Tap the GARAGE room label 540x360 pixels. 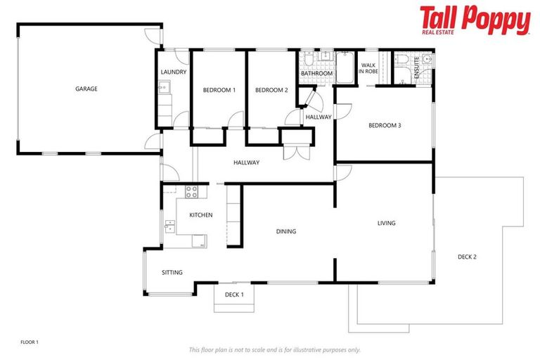pyautogui.click(x=86, y=89)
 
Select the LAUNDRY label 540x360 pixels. pyautogui.click(x=173, y=72)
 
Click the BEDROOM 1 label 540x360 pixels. pyautogui.click(x=219, y=90)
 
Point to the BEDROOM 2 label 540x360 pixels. pyautogui.click(x=271, y=90)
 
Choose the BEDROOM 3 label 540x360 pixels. pyautogui.click(x=385, y=126)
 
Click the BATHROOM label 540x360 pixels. pyautogui.click(x=316, y=73)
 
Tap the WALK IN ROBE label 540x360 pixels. pyautogui.click(x=369, y=68)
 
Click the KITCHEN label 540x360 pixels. pyautogui.click(x=200, y=215)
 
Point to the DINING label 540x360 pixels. pyautogui.click(x=285, y=231)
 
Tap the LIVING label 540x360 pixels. pyautogui.click(x=386, y=223)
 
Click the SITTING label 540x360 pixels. pyautogui.click(x=172, y=273)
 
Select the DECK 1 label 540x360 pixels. pyautogui.click(x=234, y=295)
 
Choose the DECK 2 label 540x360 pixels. pyautogui.click(x=467, y=257)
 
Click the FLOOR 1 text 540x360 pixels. pyautogui.click(x=30, y=342)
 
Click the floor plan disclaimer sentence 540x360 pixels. pyautogui.click(x=274, y=349)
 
